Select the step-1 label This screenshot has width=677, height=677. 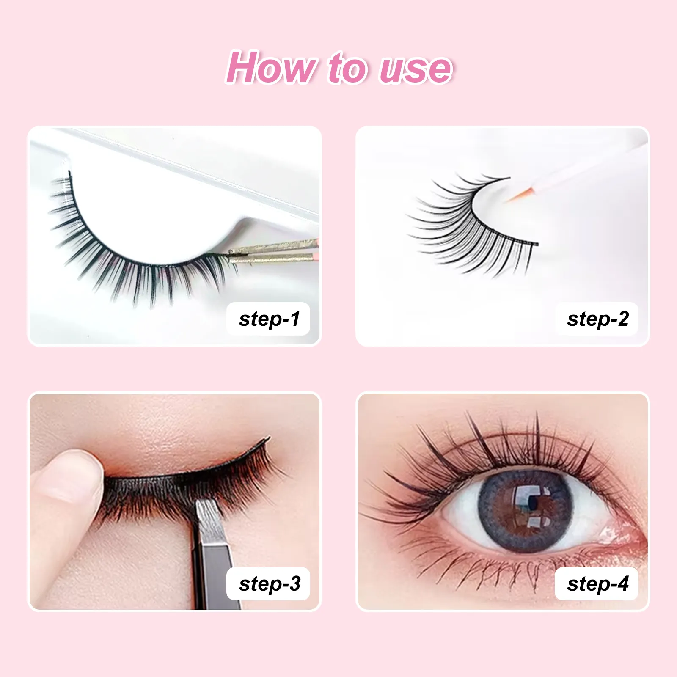point(269,319)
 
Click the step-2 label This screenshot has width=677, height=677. point(597,319)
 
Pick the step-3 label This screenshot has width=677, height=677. point(269,584)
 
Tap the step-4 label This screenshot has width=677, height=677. point(597,584)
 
